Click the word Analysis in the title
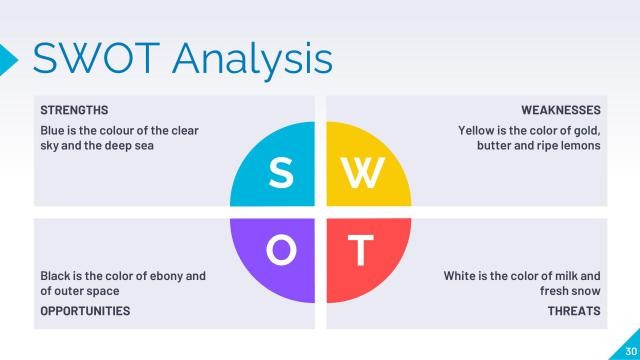pos(255,59)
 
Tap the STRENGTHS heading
pos(74,110)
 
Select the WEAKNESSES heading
pos(561,110)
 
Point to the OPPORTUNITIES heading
pos(85,311)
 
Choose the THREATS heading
pos(574,311)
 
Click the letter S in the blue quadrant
pos(282,172)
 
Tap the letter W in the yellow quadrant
pos(361,172)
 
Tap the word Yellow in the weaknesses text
pos(478,130)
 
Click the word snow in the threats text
pos(586,290)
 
